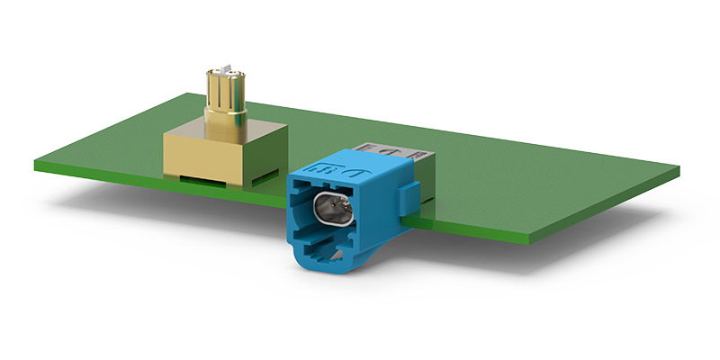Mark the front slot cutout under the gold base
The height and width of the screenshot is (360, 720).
click(x=202, y=177)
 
